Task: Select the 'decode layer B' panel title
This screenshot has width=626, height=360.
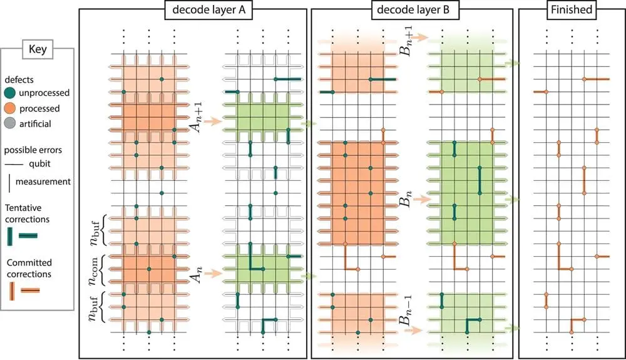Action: pos(411,10)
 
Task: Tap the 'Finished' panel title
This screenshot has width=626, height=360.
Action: pos(571,10)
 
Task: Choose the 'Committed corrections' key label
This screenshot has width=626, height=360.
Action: pos(28,268)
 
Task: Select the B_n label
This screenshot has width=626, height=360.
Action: pos(405,201)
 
